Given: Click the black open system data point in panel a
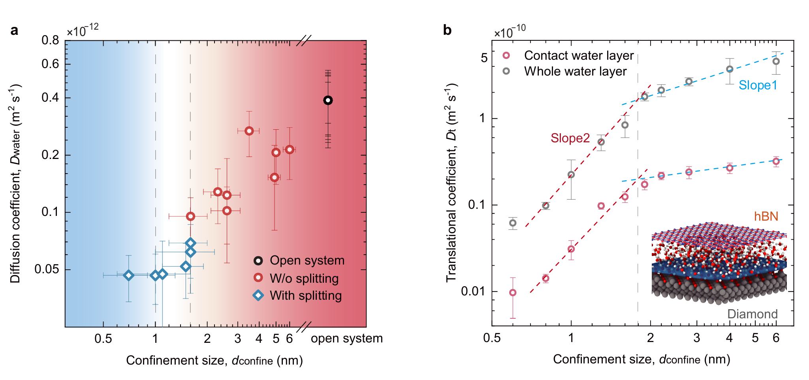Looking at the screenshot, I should [327, 100].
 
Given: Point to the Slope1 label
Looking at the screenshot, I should [758, 85].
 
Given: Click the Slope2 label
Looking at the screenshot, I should [570, 138].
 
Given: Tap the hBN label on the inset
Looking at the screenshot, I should [766, 216].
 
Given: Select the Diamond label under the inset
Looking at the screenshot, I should [752, 314].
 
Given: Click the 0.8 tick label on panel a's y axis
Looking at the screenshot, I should [50, 40].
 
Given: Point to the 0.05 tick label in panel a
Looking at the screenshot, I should [47, 269].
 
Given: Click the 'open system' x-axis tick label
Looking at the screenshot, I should [347, 339].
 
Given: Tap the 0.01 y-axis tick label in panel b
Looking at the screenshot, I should [474, 291].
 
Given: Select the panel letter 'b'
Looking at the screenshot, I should [447, 30].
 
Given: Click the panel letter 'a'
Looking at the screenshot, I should [15, 30].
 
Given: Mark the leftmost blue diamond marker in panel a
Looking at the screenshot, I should [128, 275].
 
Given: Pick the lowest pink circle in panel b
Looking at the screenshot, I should [513, 293].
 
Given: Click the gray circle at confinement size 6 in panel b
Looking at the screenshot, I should [776, 62].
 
